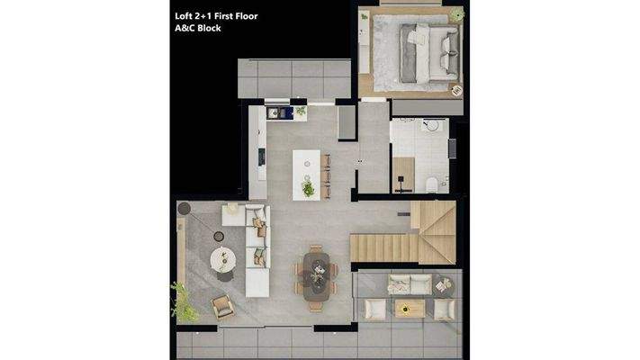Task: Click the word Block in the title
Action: coord(207,28)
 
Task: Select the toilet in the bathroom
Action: coord(433,184)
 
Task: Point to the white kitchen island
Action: coord(306,171)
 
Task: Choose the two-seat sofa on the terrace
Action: coord(409,284)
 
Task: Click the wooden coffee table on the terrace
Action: coord(410,309)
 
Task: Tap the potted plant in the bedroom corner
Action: coord(456,14)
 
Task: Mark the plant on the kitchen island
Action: coord(309,188)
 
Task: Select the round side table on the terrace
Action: coord(441,286)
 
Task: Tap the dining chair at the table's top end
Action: coord(316,249)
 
